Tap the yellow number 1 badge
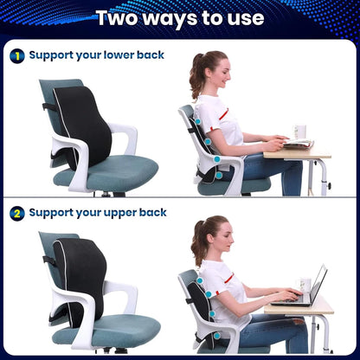click(x=16, y=55)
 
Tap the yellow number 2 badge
click(x=16, y=212)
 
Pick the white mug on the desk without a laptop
click(x=300, y=132)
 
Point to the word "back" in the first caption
click(x=148, y=55)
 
